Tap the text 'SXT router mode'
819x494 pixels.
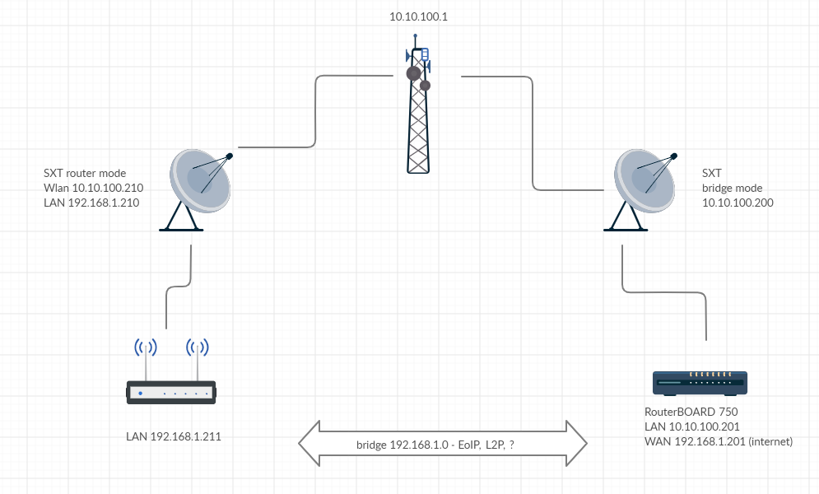click(85, 174)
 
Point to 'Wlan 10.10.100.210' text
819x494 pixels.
click(91, 188)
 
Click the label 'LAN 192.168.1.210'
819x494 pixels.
click(91, 203)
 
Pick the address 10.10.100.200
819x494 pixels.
click(738, 203)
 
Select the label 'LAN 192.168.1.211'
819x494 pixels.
click(173, 436)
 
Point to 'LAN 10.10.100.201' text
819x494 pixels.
click(692, 426)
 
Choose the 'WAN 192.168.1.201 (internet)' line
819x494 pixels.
click(718, 441)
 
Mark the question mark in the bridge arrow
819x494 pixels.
click(513, 445)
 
